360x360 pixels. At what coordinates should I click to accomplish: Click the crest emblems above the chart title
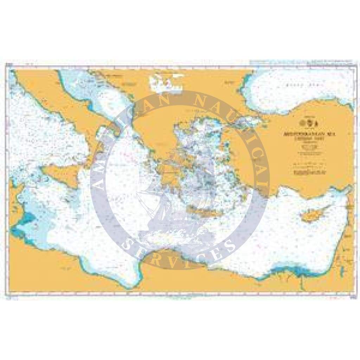309,123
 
